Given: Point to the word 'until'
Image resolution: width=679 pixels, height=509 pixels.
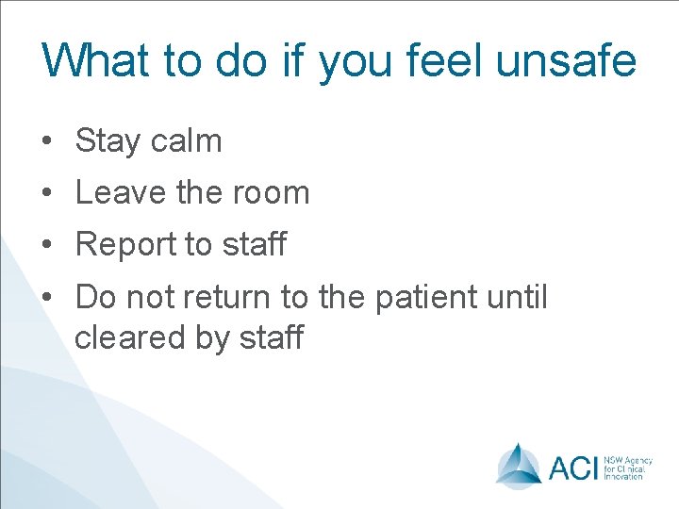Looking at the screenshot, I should click(x=517, y=297).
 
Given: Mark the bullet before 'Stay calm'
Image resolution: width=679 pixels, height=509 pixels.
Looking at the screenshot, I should click(x=47, y=142).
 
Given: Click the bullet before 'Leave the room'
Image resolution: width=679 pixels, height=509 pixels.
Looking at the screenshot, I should click(x=47, y=193).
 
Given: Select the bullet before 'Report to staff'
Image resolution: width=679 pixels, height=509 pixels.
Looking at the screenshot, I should click(x=47, y=245).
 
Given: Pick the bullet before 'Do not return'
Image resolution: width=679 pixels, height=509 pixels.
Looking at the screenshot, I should click(x=47, y=298).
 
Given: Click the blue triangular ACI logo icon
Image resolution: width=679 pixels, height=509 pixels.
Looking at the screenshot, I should click(x=519, y=465).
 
